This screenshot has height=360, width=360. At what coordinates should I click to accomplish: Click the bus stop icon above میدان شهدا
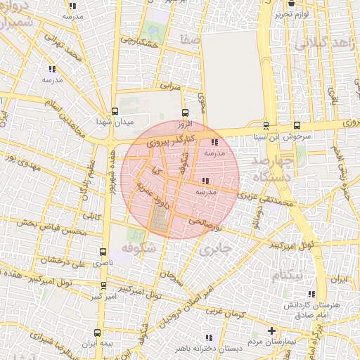115,111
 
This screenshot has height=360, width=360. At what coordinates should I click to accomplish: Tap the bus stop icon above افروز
185,112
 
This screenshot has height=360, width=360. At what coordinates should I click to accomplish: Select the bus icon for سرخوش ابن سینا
266,127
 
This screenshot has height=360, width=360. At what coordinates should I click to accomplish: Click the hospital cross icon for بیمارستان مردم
272,330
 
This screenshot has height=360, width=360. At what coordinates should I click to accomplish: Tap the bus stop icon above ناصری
103,251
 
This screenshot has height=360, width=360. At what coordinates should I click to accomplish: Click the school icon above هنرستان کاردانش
311,295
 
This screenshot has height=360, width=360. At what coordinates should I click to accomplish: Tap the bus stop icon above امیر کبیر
103,285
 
